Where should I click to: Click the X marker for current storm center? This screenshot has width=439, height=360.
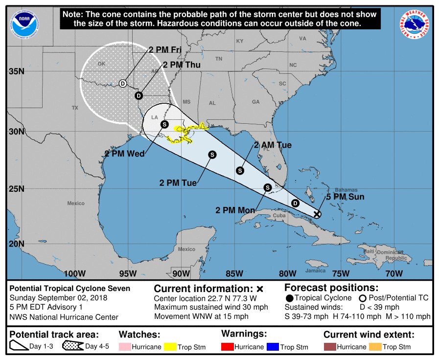(317, 214)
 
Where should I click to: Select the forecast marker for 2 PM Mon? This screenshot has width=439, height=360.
(267, 187)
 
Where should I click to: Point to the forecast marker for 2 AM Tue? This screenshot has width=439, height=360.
(240, 171)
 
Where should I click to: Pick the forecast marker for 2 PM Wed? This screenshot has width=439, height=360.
(164, 124)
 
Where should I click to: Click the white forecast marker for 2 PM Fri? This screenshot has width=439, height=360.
(123, 83)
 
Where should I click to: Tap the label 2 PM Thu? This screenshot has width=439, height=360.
(182, 65)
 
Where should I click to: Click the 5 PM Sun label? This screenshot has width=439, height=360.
(346, 197)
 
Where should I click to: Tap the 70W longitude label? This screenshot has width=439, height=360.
(393, 273)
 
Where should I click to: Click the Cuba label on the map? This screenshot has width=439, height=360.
(279, 216)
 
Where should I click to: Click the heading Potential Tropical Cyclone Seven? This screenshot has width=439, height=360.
(70, 289)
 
